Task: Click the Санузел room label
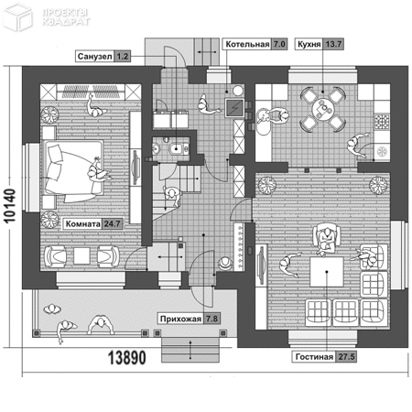click(94, 57)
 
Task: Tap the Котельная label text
click(247, 44)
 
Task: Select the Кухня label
click(309, 44)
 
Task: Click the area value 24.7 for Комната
click(112, 223)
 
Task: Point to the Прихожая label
click(180, 319)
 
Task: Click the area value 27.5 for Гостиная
click(346, 356)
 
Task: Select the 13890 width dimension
click(127, 358)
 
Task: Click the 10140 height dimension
click(10, 206)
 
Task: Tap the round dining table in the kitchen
click(323, 109)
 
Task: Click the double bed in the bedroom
click(73, 171)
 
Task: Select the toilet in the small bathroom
click(178, 148)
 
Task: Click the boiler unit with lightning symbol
click(234, 108)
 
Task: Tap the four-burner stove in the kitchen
click(382, 121)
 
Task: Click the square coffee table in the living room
click(327, 272)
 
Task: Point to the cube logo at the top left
click(17, 16)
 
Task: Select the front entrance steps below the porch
click(190, 350)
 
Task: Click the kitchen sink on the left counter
click(263, 122)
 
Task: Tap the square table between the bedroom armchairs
click(81, 255)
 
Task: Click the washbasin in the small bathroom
click(156, 148)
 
